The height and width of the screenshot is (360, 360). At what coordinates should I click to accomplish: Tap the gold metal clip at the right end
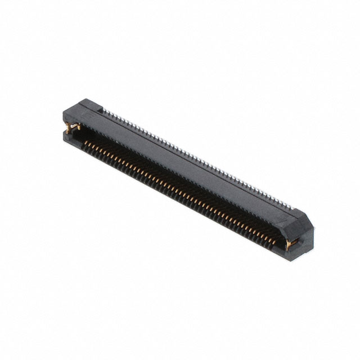coord(291,242)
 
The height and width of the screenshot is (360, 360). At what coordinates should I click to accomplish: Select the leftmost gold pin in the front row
coord(85,146)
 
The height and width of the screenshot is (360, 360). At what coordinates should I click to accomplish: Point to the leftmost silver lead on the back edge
coord(106,111)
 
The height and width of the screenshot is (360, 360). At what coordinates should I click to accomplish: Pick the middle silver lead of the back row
coord(197,158)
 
